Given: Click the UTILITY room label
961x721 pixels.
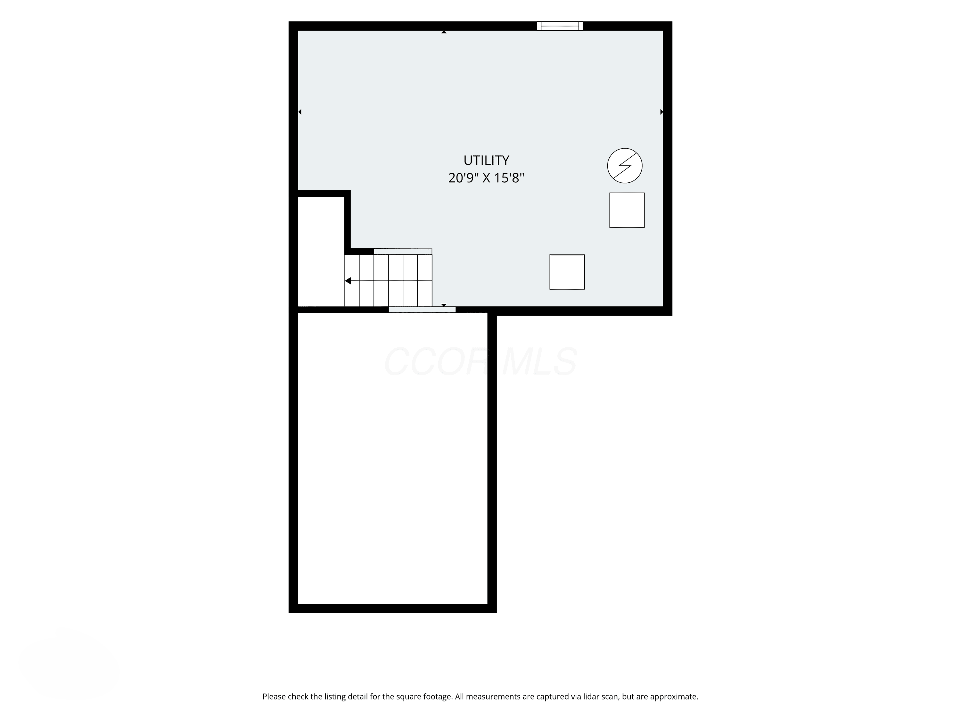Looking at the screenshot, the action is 486,160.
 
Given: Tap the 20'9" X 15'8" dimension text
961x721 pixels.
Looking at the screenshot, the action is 486,178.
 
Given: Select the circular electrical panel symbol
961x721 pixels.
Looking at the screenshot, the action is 625,166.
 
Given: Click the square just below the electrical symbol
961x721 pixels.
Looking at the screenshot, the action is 627,210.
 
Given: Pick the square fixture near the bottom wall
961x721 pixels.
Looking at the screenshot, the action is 567,272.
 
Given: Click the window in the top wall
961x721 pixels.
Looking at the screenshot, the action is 560,26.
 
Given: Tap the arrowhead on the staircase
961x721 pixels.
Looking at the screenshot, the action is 348,281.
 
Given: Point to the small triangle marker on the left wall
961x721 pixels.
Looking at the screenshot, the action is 300,112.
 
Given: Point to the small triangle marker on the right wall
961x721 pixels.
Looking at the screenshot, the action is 662,112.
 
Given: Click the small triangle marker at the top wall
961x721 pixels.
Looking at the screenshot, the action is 444,32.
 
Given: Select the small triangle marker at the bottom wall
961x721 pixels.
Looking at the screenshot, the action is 444,305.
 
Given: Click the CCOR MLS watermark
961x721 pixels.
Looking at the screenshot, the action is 481,361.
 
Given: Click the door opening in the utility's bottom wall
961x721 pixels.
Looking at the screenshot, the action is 422,310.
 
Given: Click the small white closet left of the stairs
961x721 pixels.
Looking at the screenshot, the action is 321,252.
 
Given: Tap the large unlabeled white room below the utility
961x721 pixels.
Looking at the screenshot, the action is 393,458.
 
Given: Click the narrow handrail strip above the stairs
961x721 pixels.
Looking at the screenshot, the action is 403,252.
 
